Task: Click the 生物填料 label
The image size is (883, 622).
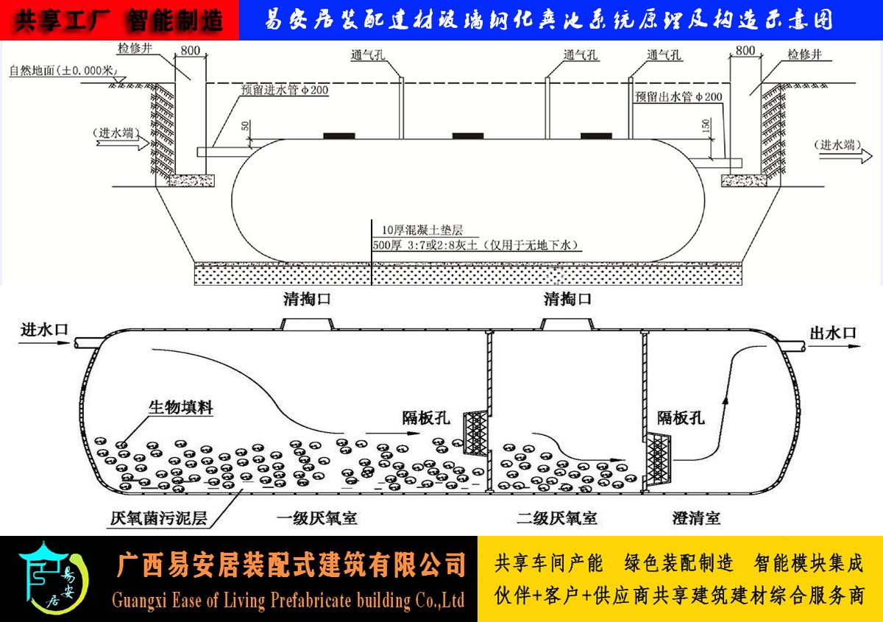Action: (x=181, y=407)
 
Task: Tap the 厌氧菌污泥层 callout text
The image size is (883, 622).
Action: (x=158, y=518)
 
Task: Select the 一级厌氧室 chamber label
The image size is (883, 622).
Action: (x=317, y=518)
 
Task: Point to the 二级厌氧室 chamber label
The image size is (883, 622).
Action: (x=556, y=518)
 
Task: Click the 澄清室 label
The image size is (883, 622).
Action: (x=696, y=518)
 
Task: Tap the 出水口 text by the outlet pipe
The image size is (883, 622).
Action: (x=833, y=333)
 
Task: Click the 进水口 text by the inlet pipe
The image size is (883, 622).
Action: (x=45, y=329)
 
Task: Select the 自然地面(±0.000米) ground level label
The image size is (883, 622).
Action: (x=63, y=71)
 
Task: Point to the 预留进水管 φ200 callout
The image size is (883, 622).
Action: (x=285, y=90)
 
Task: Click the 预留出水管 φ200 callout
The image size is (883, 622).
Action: (x=678, y=96)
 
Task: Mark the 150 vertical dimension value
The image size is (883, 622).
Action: (x=706, y=126)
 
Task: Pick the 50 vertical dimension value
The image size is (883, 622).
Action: (x=245, y=126)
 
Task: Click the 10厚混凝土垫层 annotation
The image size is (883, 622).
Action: (x=422, y=230)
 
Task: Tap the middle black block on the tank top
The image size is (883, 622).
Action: (x=468, y=136)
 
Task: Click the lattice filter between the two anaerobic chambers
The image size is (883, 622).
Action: (x=476, y=434)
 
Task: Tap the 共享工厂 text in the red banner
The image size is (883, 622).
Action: (x=63, y=21)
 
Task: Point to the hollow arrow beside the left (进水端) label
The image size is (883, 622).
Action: (x=123, y=144)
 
